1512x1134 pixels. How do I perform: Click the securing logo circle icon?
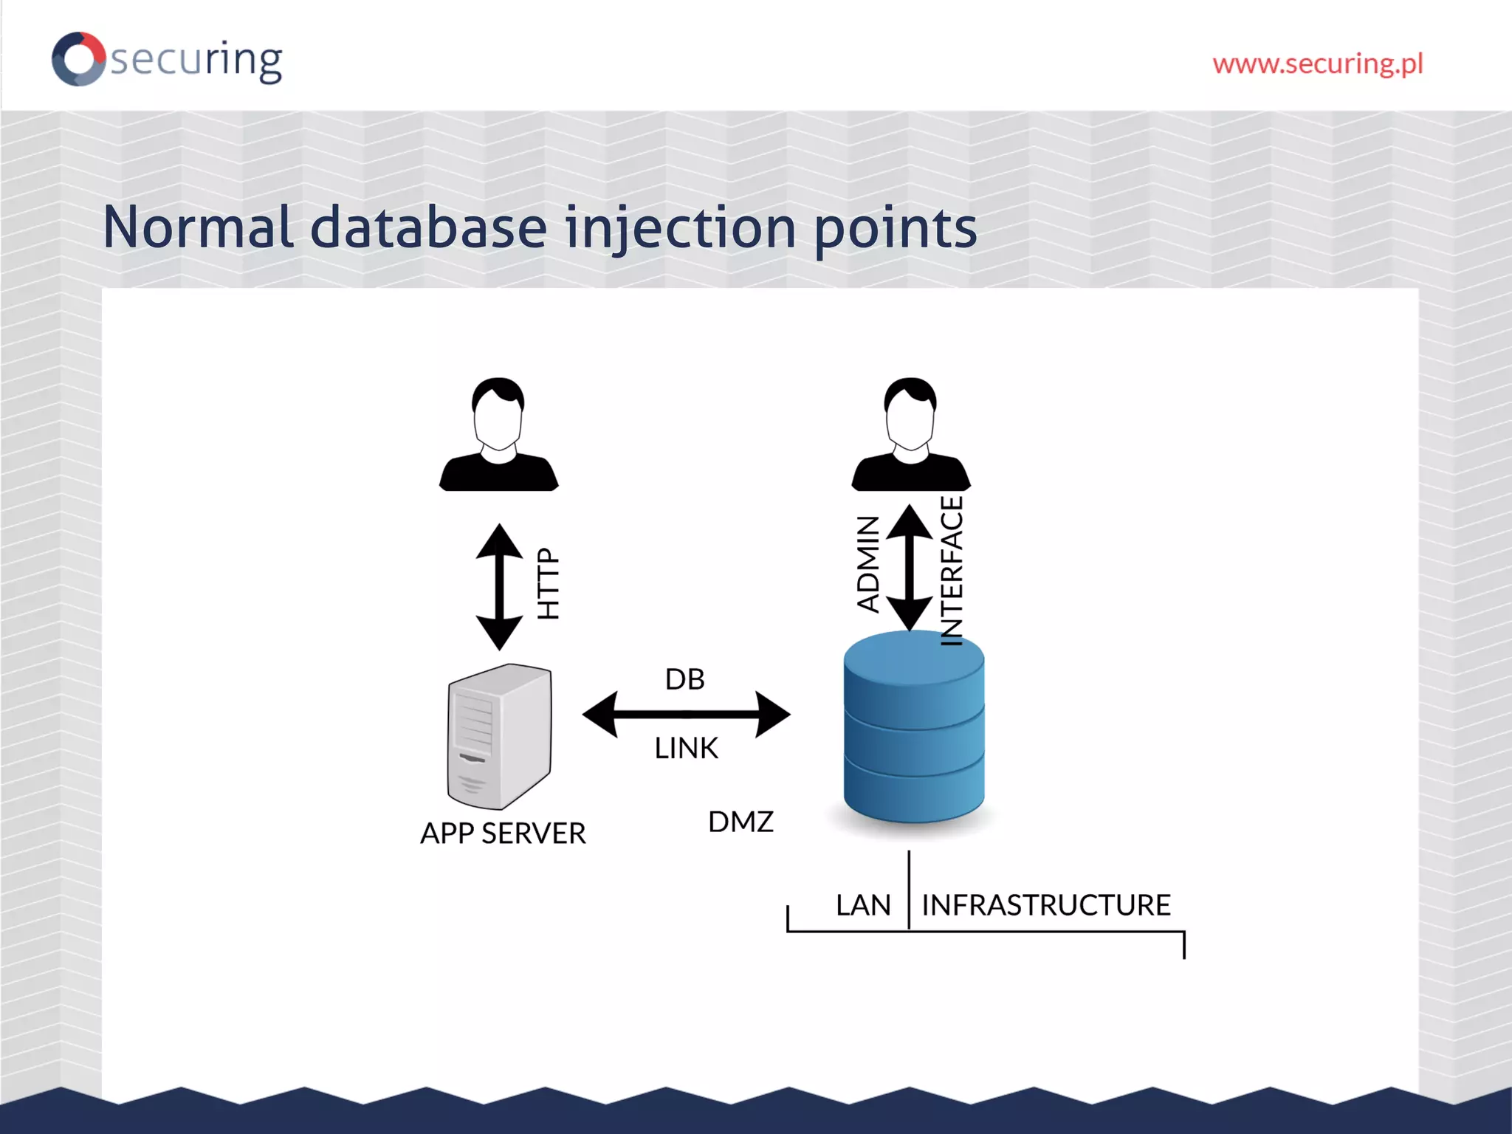[x=78, y=59]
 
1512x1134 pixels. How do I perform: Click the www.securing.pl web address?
[x=1317, y=64]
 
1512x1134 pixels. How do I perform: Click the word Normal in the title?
[x=198, y=227]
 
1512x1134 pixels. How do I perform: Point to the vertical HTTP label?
[x=549, y=583]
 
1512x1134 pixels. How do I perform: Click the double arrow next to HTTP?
[x=500, y=587]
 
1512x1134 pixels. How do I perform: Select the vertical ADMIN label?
[x=868, y=564]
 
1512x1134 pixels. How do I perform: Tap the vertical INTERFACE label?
[x=952, y=571]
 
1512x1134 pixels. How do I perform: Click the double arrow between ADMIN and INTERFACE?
[x=910, y=567]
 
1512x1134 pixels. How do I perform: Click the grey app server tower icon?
[x=499, y=737]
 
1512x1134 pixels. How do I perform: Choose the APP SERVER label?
[x=503, y=834]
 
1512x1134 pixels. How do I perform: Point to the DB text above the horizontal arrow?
[x=684, y=679]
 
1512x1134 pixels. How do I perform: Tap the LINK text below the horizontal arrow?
[x=686, y=749]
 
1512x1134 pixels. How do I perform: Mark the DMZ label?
[x=740, y=822]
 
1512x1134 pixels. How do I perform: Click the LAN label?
[x=863, y=905]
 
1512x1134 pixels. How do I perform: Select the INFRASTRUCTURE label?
[x=1045, y=905]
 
